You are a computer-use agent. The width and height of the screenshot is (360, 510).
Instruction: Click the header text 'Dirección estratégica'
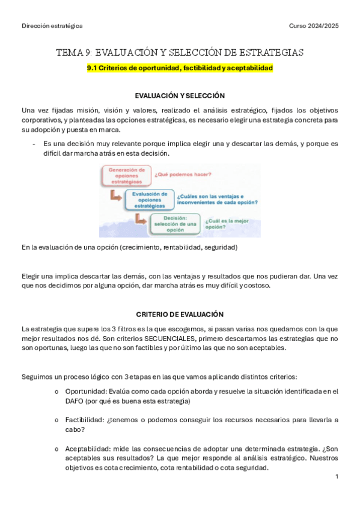point(52,26)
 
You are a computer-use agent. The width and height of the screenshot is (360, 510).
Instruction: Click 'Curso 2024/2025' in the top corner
point(314,26)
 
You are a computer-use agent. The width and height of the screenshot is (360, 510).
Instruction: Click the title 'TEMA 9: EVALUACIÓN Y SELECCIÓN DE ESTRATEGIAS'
point(180,53)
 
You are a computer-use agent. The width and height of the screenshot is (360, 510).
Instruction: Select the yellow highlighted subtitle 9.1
point(180,69)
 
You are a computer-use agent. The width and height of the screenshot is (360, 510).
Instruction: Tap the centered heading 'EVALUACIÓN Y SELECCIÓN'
point(180,96)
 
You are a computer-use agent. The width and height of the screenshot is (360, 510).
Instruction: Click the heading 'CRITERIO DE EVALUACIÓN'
point(180,315)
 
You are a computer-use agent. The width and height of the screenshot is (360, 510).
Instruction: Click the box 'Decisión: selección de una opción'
point(175,224)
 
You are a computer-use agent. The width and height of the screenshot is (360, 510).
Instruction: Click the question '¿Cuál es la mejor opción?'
point(227,224)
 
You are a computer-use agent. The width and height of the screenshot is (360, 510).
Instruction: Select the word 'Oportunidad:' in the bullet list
point(84,392)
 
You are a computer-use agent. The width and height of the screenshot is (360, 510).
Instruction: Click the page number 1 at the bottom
point(337,476)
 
